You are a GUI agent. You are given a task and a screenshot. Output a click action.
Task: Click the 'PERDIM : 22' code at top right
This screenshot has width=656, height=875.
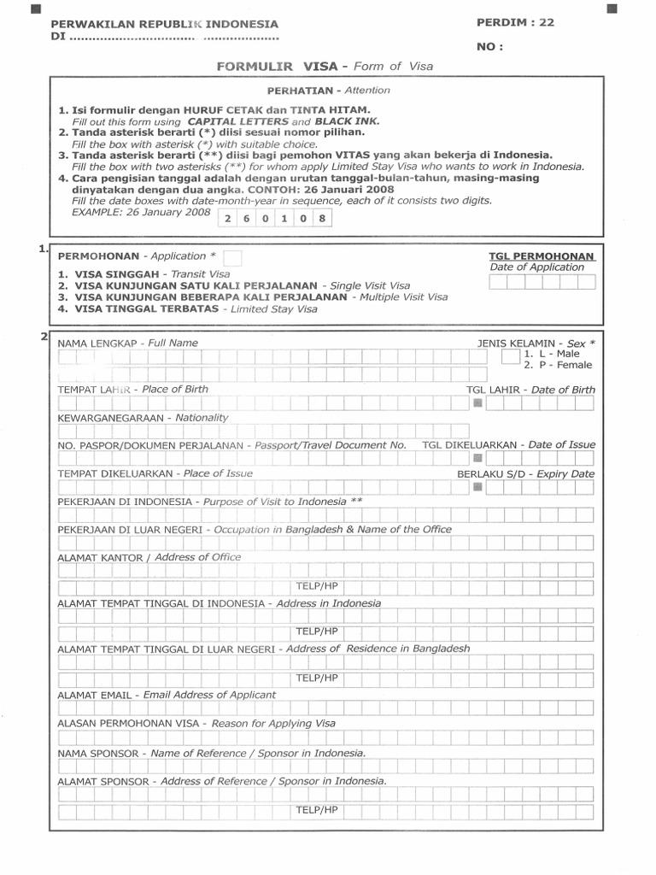click(515, 23)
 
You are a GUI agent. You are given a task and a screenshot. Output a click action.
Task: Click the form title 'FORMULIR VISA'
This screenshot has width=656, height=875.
click(283, 66)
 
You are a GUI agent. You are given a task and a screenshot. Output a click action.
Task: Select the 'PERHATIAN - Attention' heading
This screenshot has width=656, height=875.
click(328, 90)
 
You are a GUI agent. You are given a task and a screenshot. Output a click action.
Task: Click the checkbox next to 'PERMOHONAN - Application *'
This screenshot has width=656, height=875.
click(232, 257)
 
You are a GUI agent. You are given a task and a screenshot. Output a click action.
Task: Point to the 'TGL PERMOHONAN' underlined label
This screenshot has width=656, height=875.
click(542, 255)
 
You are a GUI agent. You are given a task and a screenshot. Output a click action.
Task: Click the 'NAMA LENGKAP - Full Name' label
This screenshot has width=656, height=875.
click(127, 343)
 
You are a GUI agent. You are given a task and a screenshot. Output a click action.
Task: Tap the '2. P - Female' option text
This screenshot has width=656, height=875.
click(558, 365)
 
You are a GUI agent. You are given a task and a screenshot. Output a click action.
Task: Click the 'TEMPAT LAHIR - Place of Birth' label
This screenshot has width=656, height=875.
click(132, 389)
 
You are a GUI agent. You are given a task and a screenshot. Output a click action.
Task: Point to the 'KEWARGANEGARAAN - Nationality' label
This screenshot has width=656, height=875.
click(143, 418)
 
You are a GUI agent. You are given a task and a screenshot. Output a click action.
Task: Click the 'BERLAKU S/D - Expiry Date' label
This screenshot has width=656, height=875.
click(525, 473)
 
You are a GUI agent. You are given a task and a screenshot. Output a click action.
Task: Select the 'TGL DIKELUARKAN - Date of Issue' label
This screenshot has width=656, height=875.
click(508, 445)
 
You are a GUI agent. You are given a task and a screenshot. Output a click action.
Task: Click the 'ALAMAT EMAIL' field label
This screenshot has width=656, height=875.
click(167, 695)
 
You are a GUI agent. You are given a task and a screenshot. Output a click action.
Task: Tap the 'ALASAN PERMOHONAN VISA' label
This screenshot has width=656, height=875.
click(196, 723)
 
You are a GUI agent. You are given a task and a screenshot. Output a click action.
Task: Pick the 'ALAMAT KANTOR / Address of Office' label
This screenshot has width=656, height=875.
click(149, 557)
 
